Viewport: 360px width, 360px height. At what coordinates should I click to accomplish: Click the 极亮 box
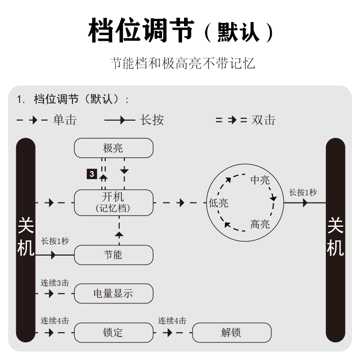113,148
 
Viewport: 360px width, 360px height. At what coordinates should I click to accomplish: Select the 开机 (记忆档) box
113,202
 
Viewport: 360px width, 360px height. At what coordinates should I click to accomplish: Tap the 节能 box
113,255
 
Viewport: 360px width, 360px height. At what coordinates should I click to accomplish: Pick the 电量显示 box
113,294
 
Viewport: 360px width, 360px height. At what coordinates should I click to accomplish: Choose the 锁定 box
113,333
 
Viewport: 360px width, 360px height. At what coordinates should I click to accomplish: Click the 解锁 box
232,333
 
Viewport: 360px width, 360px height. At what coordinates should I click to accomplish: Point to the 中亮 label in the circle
260,181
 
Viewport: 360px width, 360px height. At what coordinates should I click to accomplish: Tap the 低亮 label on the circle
219,203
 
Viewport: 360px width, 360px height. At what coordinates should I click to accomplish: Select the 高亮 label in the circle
260,224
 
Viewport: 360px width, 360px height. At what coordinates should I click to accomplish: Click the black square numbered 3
92,173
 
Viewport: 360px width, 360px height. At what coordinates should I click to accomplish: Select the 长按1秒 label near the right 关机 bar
303,193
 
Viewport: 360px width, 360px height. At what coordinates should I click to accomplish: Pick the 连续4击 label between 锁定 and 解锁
172,321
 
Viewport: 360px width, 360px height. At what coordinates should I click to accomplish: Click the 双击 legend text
263,120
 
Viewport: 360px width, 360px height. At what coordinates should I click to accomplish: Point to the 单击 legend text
65,120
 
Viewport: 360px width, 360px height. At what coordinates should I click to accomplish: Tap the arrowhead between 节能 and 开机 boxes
119,234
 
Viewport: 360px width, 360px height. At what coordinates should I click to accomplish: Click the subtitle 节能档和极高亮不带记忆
183,63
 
